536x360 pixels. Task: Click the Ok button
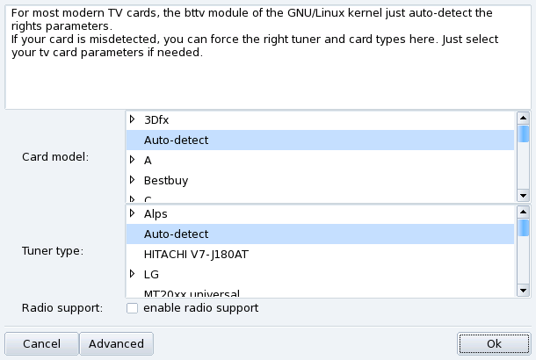493,343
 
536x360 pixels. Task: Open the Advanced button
116,343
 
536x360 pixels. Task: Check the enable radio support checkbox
132,308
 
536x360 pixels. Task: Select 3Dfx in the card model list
156,119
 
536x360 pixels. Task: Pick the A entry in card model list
148,160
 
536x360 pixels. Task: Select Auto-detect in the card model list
176,140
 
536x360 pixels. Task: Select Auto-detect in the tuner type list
176,234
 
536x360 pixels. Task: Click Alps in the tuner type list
156,213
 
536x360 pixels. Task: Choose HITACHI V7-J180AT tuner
191,254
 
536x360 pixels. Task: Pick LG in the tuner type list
151,274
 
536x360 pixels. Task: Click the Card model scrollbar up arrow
524,118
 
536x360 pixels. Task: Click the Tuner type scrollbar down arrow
524,290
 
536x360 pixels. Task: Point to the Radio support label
62,308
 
